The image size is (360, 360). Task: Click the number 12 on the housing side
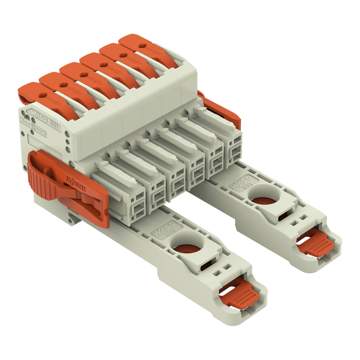pos(33,126)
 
